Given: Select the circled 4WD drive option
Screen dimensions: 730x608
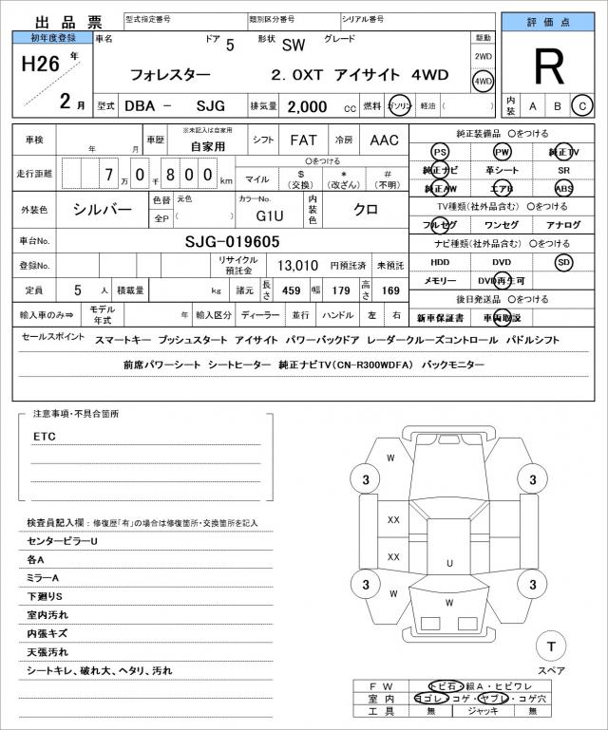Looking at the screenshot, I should coord(484,82).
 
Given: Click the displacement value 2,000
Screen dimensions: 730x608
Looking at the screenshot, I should coord(309,106).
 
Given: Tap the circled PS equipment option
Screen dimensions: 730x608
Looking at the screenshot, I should coord(439,152).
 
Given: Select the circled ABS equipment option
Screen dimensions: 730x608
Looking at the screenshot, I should coord(564,188).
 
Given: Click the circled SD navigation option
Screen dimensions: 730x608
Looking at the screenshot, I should coord(564,262).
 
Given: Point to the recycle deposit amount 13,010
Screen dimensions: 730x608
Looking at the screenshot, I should coord(297,266).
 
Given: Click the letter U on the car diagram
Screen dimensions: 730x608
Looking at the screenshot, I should coord(448,563).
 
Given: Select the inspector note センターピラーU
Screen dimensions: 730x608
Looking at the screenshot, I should coord(63,541).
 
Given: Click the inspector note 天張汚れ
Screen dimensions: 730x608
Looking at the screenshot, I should coord(47,652).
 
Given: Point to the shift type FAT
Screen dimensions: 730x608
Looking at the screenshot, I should coord(303,140).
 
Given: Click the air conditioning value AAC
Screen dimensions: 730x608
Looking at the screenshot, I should coord(384,140).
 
